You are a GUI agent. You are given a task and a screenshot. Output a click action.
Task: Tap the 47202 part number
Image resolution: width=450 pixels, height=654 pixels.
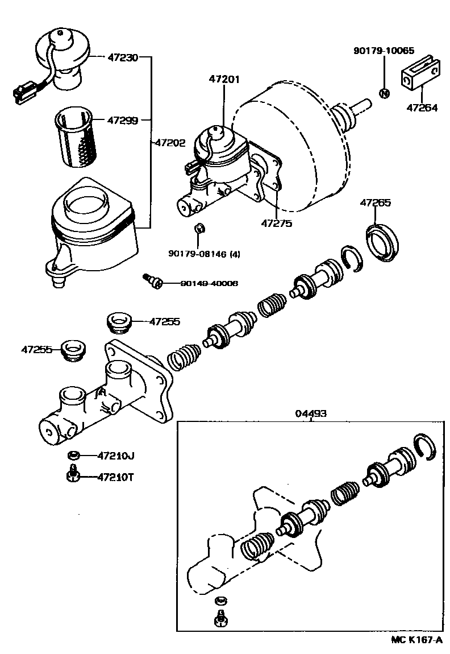tap(170, 143)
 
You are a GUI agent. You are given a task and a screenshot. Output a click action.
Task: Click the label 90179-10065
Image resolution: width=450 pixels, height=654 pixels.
tap(384, 51)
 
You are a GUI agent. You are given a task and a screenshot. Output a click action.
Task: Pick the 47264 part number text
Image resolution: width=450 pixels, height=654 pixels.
tap(422, 107)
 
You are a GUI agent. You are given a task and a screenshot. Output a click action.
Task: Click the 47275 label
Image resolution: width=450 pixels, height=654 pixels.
tap(277, 223)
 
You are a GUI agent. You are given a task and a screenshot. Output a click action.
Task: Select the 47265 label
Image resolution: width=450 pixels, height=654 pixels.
tap(375, 202)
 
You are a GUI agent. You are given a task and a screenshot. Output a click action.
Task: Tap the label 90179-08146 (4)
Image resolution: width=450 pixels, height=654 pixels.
tap(204, 254)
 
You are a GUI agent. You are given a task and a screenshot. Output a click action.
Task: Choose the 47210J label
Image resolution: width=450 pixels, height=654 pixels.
tap(115, 455)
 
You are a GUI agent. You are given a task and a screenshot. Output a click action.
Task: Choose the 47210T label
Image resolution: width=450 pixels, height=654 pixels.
tap(115, 477)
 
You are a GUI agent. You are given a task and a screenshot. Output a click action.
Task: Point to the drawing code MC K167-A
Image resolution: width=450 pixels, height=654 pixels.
tap(416, 640)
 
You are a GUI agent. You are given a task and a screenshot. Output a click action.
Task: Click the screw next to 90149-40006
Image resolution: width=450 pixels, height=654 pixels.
tap(152, 280)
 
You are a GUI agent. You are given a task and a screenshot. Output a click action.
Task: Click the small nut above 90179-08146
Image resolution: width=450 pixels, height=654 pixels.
tap(199, 229)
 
